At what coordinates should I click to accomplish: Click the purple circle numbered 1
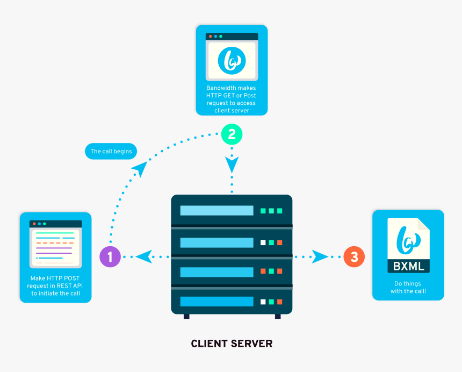click(x=110, y=257)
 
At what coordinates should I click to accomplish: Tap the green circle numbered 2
click(x=232, y=134)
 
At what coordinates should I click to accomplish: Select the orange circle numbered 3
click(x=354, y=257)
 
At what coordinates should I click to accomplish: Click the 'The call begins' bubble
click(x=111, y=152)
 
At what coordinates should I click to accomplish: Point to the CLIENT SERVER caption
click(x=232, y=344)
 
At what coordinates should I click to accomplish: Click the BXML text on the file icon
click(x=409, y=265)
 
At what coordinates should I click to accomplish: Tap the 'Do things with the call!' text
click(x=408, y=287)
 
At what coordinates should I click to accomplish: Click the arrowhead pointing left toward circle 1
click(x=143, y=256)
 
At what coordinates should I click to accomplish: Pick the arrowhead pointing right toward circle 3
click(x=320, y=256)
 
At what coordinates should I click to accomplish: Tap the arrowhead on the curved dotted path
click(x=139, y=169)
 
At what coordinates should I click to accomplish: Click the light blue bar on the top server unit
click(x=216, y=211)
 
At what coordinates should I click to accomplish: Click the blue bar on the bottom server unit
click(x=216, y=302)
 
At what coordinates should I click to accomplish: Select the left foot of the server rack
click(x=186, y=316)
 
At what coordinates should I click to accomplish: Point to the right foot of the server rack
click(x=278, y=316)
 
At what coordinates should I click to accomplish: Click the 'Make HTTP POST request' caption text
click(x=56, y=286)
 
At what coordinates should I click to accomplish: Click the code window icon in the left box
click(x=56, y=244)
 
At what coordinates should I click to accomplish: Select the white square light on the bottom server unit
click(x=263, y=302)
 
